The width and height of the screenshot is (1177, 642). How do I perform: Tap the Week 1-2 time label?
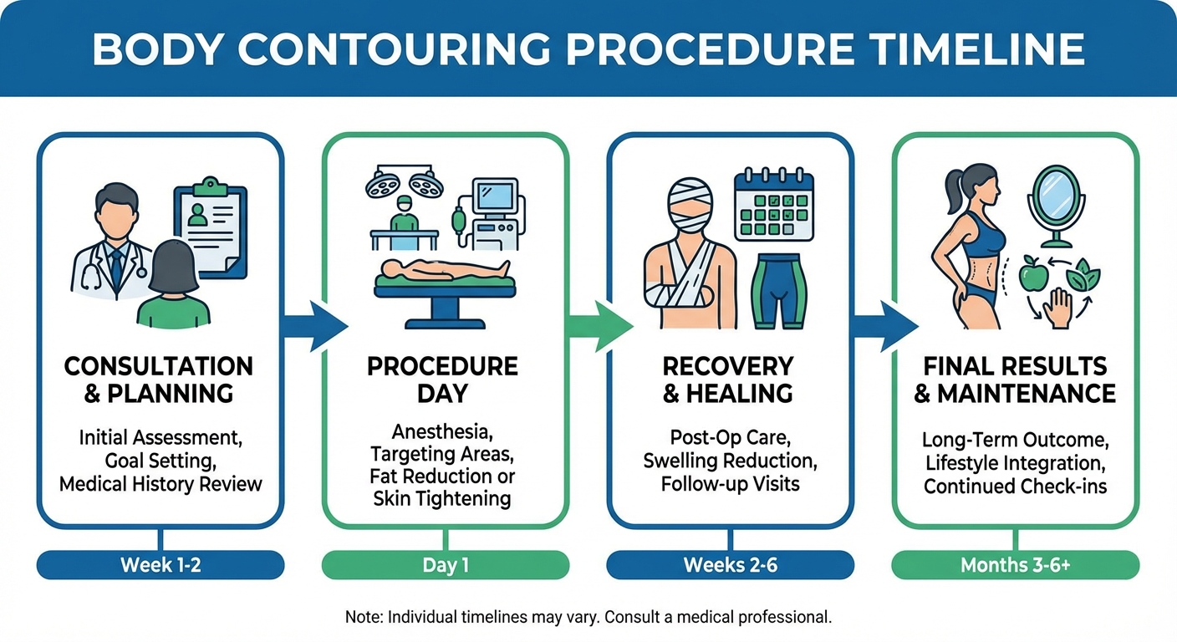(x=160, y=565)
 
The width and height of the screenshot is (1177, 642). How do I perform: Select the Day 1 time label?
(x=446, y=565)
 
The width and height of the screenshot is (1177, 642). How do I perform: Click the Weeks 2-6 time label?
(x=731, y=565)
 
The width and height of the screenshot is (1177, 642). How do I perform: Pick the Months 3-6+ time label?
(x=1016, y=565)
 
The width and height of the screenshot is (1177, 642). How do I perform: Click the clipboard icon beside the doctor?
(x=210, y=226)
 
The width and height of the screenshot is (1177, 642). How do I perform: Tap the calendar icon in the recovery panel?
(x=773, y=205)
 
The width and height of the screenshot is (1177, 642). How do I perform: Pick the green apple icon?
(x=1032, y=275)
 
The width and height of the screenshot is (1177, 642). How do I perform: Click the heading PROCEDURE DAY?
(x=442, y=380)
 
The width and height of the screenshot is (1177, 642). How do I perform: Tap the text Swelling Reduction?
(x=730, y=461)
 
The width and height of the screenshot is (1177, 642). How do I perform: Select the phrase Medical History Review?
(x=160, y=483)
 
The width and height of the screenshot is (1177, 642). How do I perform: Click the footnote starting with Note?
(x=588, y=618)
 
